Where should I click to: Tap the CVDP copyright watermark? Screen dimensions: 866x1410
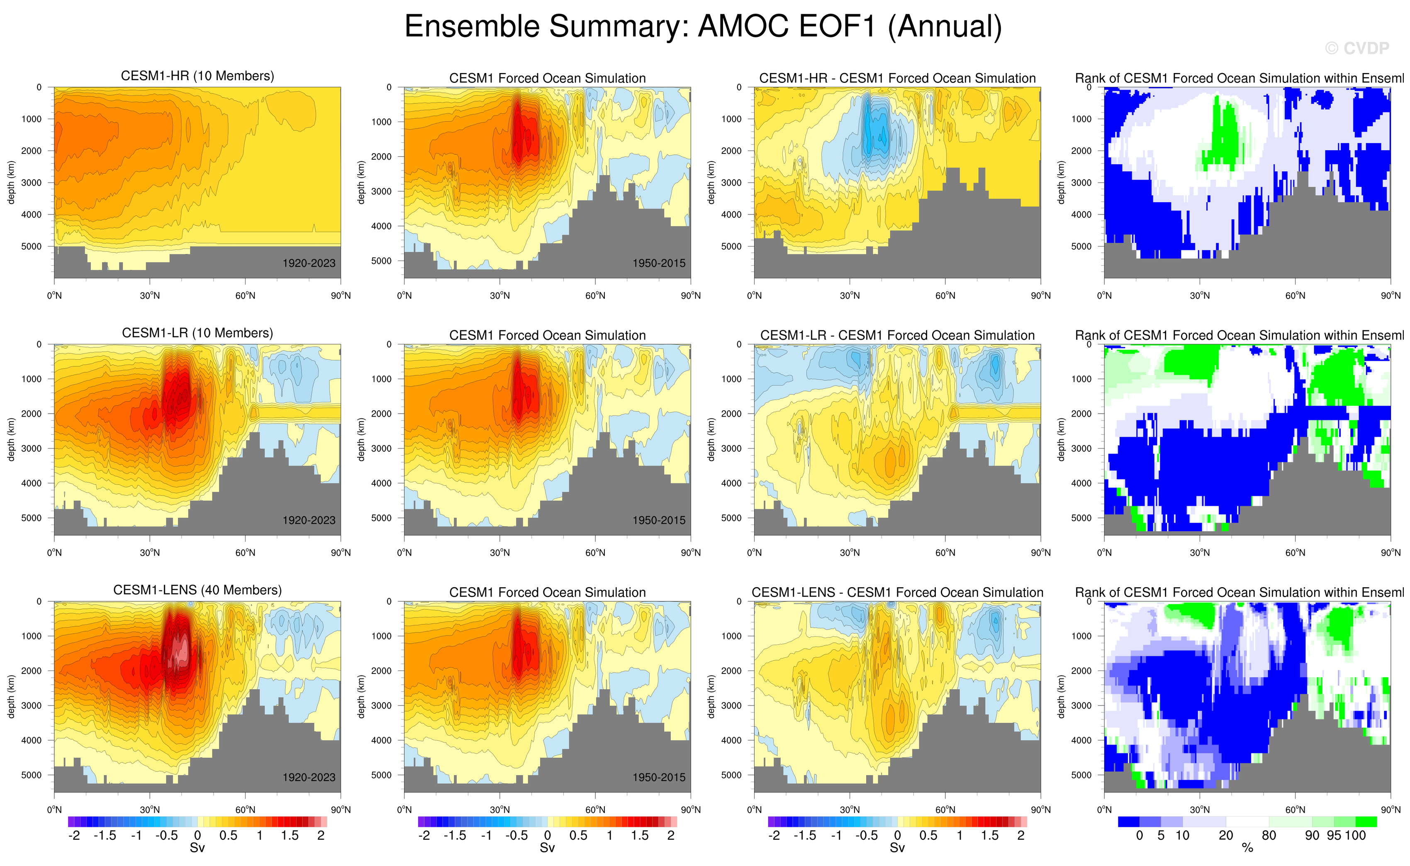1357,49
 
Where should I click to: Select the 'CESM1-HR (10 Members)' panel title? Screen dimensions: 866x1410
197,76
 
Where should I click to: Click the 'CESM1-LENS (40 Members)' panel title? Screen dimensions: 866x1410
197,590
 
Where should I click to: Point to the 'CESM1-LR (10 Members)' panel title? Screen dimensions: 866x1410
197,333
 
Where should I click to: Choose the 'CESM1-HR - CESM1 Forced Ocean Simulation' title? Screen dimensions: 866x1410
897,78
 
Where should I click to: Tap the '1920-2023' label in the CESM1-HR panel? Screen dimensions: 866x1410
309,263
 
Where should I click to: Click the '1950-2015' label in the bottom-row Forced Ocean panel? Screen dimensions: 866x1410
659,777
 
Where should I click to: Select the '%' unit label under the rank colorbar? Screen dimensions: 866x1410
1247,848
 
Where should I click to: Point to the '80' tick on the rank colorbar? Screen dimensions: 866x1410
1269,836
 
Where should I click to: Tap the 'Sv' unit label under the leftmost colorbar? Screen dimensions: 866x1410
197,848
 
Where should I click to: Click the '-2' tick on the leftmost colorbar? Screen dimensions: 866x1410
74,836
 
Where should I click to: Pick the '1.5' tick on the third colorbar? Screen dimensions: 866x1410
990,836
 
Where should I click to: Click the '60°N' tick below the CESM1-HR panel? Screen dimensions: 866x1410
245,295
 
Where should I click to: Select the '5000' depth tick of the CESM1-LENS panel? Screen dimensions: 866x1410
32,775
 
